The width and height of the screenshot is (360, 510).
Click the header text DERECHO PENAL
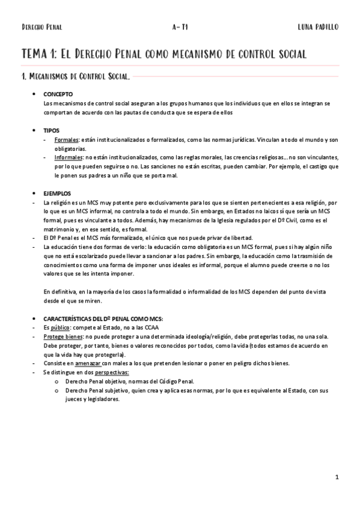click(41, 28)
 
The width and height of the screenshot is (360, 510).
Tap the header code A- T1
click(180, 28)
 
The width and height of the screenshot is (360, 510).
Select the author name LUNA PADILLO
click(318, 28)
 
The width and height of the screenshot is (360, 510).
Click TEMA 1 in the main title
click(38, 54)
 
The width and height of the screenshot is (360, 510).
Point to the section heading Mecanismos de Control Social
click(78, 76)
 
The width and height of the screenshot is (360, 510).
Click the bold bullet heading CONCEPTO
click(58, 95)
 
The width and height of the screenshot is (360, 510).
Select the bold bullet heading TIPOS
click(52, 130)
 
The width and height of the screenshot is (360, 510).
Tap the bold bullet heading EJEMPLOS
click(57, 193)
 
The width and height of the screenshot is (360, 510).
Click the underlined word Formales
click(66, 140)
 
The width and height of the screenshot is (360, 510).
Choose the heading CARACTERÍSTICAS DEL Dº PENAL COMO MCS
click(103, 318)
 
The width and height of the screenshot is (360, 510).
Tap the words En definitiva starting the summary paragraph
click(59, 291)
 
